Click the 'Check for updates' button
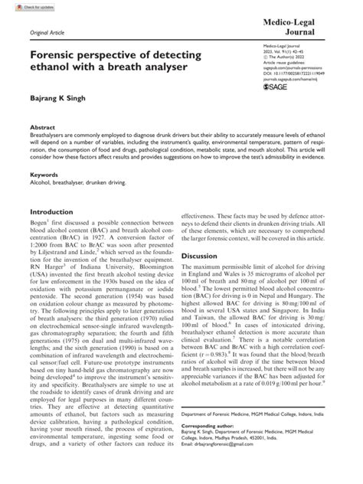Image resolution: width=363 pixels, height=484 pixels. pos(21,6)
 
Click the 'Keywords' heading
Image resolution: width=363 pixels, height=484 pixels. pos(44,196)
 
